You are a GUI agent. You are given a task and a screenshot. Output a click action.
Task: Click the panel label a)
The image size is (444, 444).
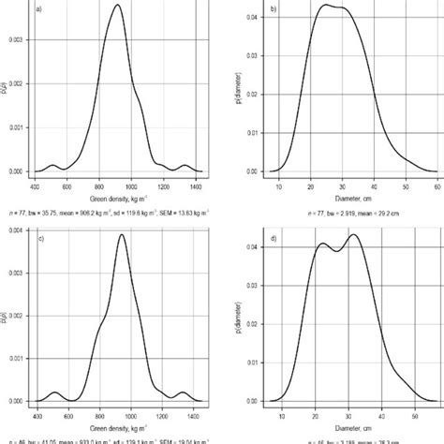tap(38, 11)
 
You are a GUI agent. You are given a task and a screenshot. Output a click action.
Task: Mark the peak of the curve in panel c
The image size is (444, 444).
tap(123, 235)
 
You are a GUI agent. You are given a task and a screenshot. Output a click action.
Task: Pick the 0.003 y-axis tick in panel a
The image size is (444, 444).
tap(17, 40)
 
